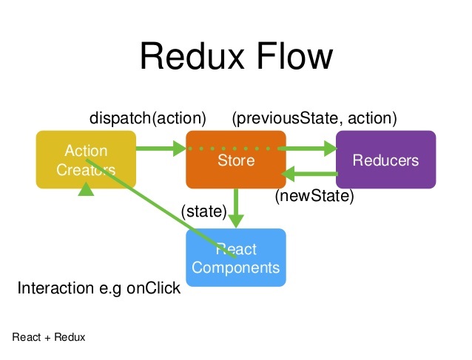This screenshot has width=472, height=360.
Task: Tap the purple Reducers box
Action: tap(385, 160)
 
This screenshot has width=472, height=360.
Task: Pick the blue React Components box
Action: tap(235, 258)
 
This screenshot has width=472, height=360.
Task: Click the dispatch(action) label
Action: tap(147, 118)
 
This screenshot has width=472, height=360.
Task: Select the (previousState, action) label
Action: tap(314, 118)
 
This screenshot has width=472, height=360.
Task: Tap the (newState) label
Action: tap(314, 197)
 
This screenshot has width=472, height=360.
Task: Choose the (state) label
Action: tap(203, 212)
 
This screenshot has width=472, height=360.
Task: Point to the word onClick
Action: tap(153, 288)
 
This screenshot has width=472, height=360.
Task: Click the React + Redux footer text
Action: tap(49, 337)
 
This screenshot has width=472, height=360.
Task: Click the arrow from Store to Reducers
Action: tap(311, 149)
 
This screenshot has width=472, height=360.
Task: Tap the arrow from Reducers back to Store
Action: tap(311, 175)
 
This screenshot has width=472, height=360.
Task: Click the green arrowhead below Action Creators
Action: tap(87, 190)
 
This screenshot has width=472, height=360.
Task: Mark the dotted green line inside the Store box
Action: tap(235, 149)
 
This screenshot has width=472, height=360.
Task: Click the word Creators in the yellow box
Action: tap(86, 169)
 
